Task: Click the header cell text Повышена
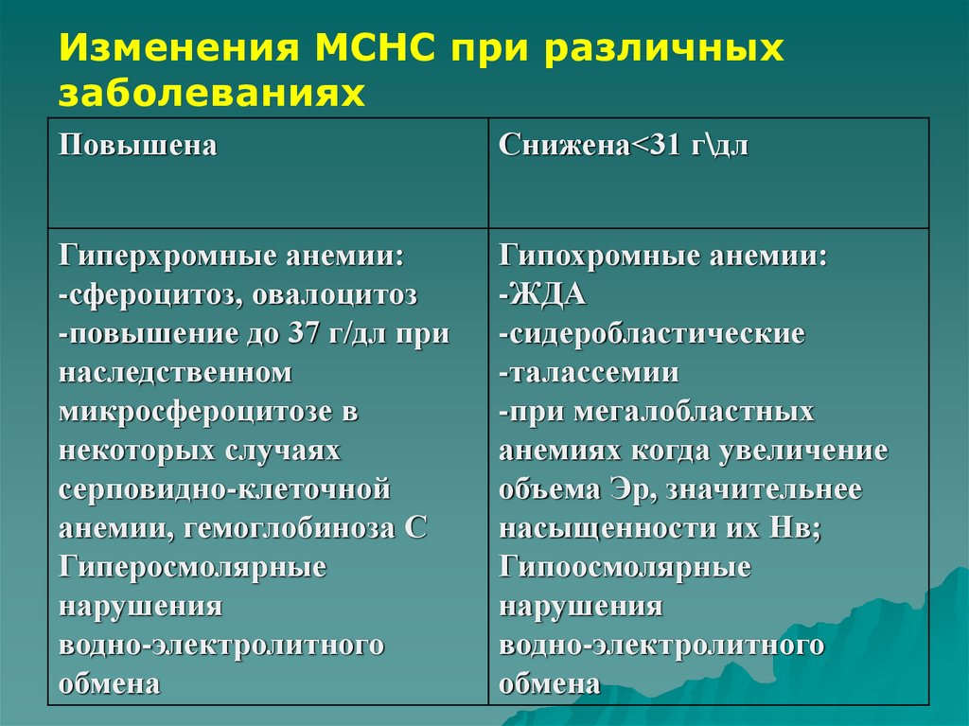tap(138, 146)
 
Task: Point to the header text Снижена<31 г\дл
tap(624, 146)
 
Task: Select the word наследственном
tap(175, 372)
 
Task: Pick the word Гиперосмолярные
tap(192, 567)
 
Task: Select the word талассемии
tap(593, 372)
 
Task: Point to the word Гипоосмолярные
tap(625, 567)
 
